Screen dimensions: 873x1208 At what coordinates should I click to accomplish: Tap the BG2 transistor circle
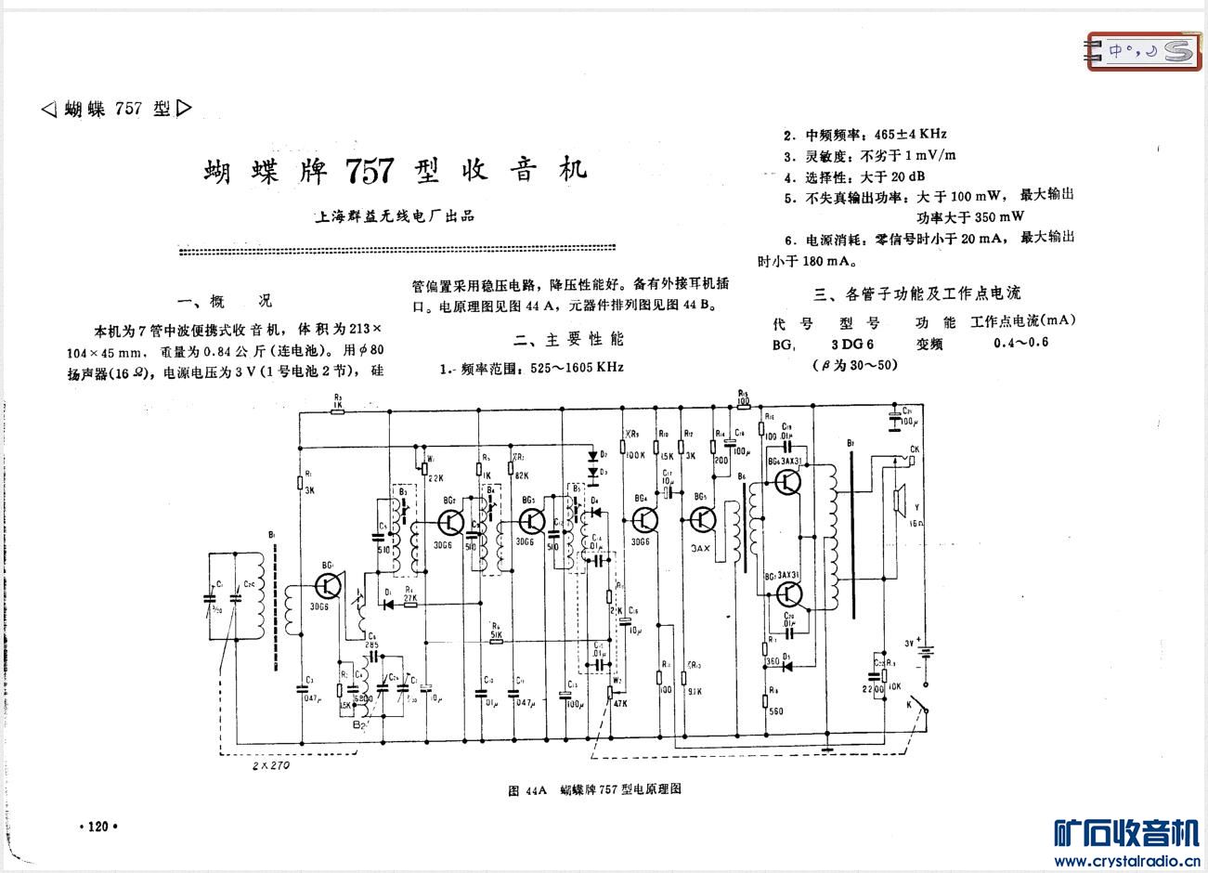pyautogui.click(x=450, y=522)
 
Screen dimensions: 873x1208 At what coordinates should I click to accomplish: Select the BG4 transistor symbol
pyautogui.click(x=643, y=520)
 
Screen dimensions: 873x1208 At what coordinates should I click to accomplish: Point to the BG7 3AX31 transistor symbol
pyautogui.click(x=789, y=594)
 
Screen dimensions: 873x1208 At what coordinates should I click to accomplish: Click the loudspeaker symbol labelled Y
pyautogui.click(x=898, y=501)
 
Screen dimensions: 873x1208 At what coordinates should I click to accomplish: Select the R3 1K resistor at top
pyautogui.click(x=337, y=410)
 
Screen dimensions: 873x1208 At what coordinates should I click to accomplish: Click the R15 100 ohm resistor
pyautogui.click(x=743, y=404)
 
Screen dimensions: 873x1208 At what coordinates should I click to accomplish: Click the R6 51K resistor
pyautogui.click(x=497, y=640)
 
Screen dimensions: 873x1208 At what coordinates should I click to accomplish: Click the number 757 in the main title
pyautogui.click(x=370, y=171)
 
